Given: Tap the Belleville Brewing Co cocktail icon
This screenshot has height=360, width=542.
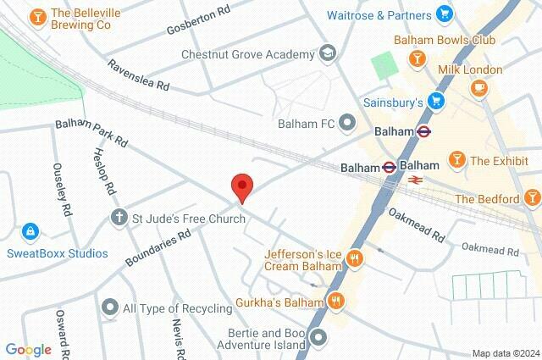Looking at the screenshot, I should tap(37, 16).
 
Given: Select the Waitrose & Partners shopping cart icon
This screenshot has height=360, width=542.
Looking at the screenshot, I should tap(443, 14).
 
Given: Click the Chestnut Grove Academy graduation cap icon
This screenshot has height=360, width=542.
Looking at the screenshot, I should tap(326, 54).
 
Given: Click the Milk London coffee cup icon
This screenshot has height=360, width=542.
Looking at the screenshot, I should tap(478, 86).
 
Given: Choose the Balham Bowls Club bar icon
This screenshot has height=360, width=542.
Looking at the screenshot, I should tap(416, 58).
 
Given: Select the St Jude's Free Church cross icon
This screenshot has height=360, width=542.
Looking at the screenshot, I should tap(119, 219).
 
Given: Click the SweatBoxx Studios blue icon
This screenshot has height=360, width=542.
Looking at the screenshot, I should tap(30, 230).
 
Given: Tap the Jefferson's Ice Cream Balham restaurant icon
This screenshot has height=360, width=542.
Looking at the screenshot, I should tap(355, 260).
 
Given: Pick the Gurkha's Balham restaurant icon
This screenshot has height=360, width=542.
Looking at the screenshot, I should tap(337, 302).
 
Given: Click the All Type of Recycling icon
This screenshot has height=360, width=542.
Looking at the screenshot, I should tap(109, 307).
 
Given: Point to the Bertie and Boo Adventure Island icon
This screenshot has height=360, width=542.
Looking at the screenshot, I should tap(318, 338).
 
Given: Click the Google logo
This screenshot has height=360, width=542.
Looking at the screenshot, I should tap(28, 349).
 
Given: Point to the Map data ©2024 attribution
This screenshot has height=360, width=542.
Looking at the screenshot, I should tap(506, 353).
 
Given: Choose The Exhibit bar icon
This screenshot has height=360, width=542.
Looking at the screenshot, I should tap(456, 160).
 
